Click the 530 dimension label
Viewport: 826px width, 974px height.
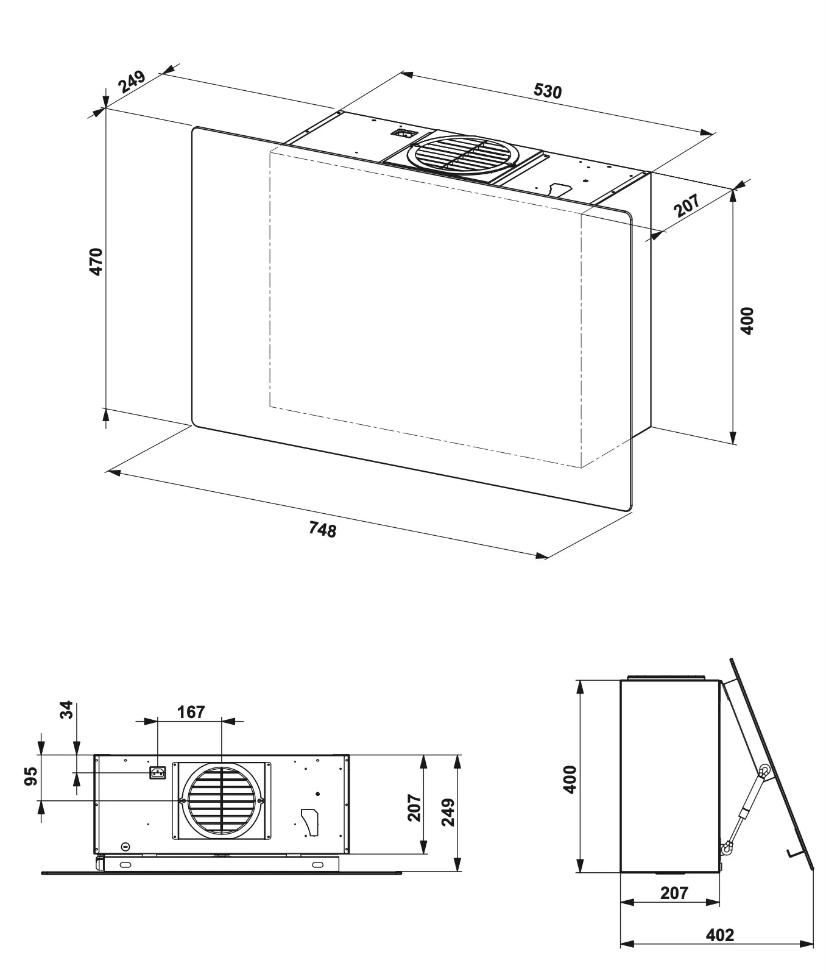(548, 91)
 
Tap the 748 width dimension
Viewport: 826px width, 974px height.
(322, 530)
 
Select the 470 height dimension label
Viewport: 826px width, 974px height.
(96, 261)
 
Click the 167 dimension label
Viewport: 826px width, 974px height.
(191, 712)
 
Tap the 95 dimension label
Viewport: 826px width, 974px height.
(30, 777)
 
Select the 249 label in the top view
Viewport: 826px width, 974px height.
(448, 811)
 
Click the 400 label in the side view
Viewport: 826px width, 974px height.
(570, 779)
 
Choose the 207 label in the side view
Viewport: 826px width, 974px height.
(674, 893)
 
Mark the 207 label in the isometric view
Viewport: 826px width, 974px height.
(687, 205)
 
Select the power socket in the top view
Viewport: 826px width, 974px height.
(158, 773)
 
